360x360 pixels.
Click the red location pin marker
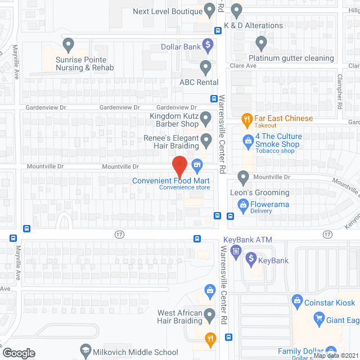179,165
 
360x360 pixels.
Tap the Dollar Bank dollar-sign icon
208,44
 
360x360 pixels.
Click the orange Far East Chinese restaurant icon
246,119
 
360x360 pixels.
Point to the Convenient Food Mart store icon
197,164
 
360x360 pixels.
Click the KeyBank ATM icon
236,249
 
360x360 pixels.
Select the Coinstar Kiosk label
330,303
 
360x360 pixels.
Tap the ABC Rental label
199,82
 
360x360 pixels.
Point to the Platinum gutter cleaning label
292,58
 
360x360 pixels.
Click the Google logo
19,353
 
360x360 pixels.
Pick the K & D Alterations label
253,25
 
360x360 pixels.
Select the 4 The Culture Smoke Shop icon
246,140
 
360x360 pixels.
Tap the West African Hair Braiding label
172,317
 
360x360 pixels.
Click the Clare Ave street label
243,66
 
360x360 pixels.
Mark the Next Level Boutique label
167,11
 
